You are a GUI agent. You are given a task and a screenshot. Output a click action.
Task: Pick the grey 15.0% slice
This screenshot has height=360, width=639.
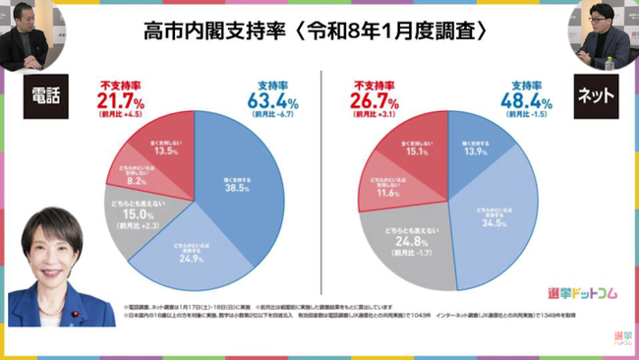(131, 211)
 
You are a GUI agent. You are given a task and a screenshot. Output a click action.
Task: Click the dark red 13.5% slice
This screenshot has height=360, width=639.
(161, 149)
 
